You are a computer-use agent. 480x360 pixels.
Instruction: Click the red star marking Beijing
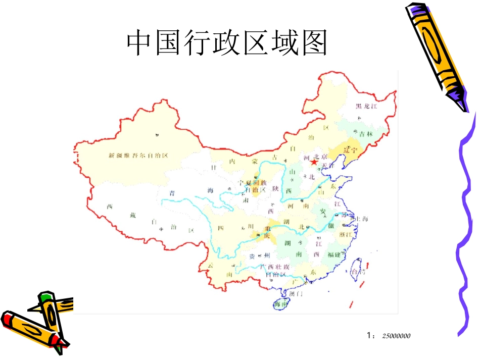(314, 163)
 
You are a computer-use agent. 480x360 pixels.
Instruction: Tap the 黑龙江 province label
(366, 106)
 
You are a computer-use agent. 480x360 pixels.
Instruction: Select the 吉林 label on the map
(366, 134)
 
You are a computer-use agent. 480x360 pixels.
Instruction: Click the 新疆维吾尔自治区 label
(138, 156)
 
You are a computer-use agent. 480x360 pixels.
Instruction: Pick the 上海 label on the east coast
(362, 219)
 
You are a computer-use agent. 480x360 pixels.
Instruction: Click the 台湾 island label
(358, 272)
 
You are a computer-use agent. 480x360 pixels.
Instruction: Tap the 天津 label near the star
(328, 165)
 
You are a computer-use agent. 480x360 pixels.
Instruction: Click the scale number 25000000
(396, 335)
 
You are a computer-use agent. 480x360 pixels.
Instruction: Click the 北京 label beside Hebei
(321, 157)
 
